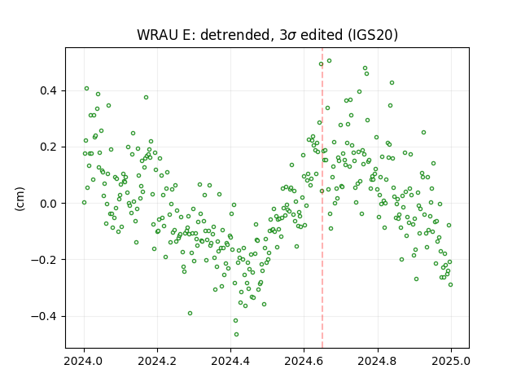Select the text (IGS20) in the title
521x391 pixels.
(x=373, y=34)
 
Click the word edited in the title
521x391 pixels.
(x=322, y=34)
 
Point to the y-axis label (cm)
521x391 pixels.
(x=20, y=199)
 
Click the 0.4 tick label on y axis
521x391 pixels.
(x=49, y=90)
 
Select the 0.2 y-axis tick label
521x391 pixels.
(x=49, y=147)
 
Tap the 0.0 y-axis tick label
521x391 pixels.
(x=49, y=204)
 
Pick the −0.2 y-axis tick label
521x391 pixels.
(x=45, y=260)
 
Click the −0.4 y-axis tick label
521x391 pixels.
(x=45, y=316)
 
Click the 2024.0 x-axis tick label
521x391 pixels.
(x=84, y=361)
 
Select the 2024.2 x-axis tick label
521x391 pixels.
(x=157, y=361)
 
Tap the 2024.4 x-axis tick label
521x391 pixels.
(x=230, y=361)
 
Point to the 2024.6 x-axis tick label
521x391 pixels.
(x=304, y=361)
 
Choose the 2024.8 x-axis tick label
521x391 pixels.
(x=378, y=361)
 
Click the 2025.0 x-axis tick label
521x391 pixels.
(x=451, y=361)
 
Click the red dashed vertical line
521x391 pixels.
(x=322, y=198)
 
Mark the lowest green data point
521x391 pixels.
(x=236, y=335)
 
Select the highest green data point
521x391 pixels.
(x=329, y=61)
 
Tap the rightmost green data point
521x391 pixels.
(x=450, y=285)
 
